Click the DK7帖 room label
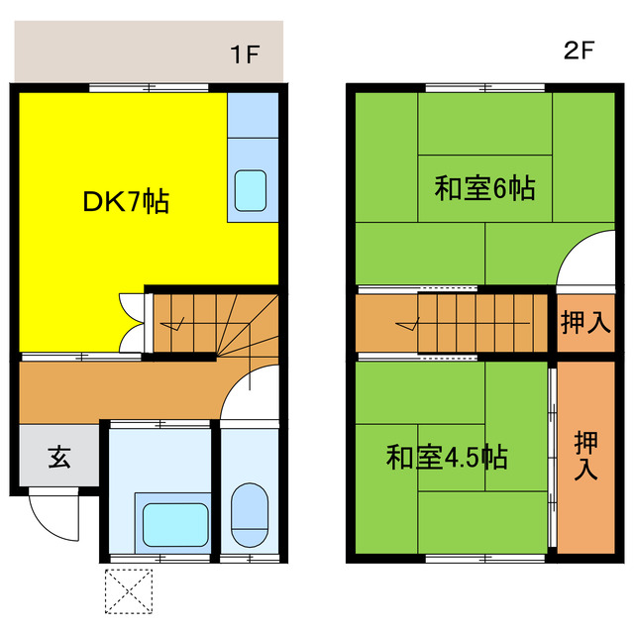pyautogui.click(x=126, y=203)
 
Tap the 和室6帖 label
pyautogui.click(x=484, y=187)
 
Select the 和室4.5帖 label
pyautogui.click(x=447, y=458)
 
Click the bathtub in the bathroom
pyautogui.click(x=173, y=521)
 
